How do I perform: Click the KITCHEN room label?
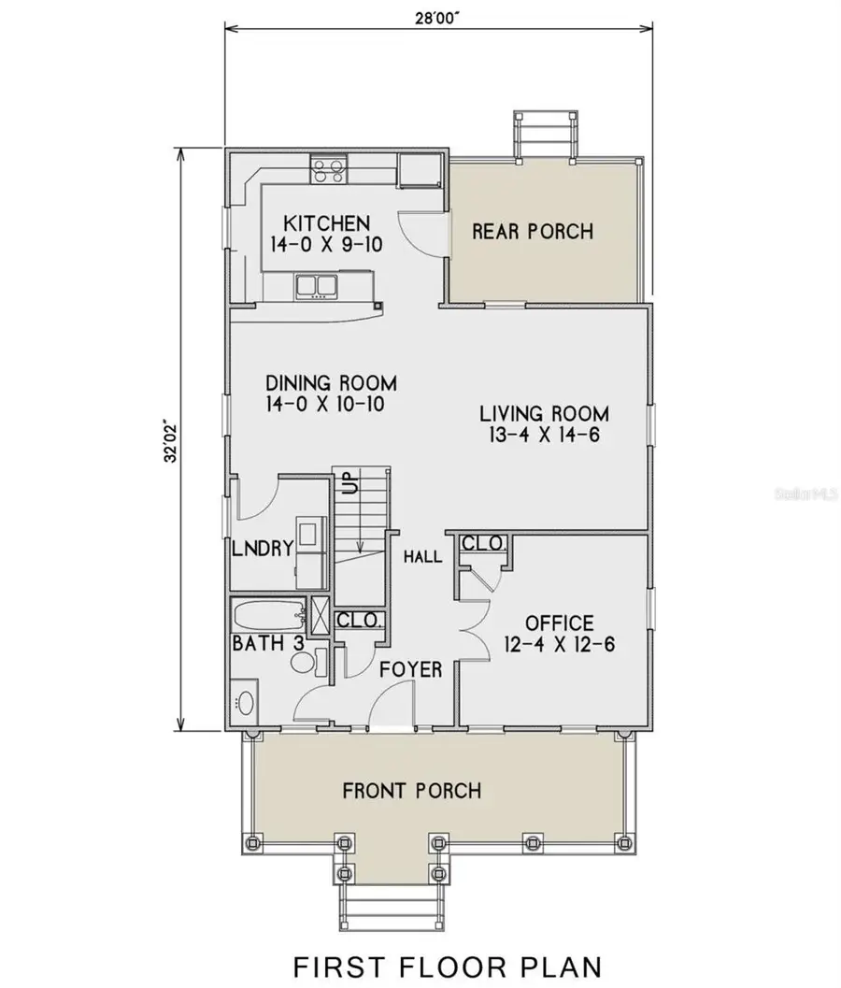(x=326, y=223)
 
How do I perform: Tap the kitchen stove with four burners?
(x=329, y=169)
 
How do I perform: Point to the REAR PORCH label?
(x=533, y=231)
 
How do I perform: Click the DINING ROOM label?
(x=332, y=383)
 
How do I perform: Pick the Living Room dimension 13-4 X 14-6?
(x=544, y=434)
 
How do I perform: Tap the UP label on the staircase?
(x=349, y=481)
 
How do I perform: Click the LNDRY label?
(x=263, y=548)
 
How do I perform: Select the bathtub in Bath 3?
(x=268, y=615)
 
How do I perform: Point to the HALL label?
(x=422, y=556)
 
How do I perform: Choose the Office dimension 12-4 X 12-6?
(x=560, y=644)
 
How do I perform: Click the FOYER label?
(x=411, y=669)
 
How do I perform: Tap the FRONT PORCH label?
(x=412, y=790)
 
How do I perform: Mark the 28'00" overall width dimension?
(x=436, y=17)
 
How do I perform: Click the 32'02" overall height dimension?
(x=170, y=441)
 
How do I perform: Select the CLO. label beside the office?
(x=482, y=542)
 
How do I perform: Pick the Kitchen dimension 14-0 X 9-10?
(x=326, y=245)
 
